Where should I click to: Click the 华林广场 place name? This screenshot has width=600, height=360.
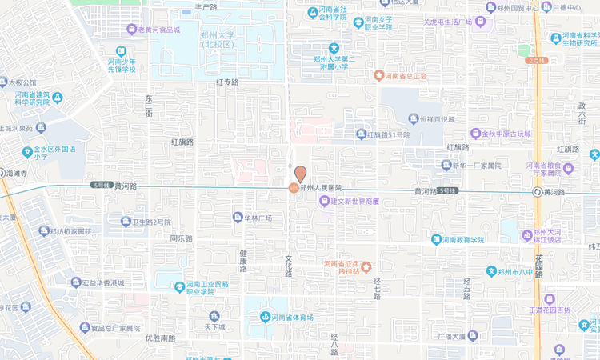pyautogui.click(x=258, y=218)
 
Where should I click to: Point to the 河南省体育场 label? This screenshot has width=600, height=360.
pyautogui.click(x=291, y=318)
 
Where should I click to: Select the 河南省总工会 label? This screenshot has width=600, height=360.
pyautogui.click(x=407, y=76)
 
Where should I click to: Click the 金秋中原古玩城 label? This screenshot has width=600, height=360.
pyautogui.click(x=506, y=133)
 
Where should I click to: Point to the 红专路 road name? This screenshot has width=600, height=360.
pyautogui.click(x=227, y=82)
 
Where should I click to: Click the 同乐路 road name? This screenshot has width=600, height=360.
pyautogui.click(x=182, y=238)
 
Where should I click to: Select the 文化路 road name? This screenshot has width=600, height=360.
pyautogui.click(x=289, y=266)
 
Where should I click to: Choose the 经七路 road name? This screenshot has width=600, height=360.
pyautogui.click(x=377, y=289)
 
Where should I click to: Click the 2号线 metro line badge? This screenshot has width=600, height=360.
pyautogui.click(x=536, y=60)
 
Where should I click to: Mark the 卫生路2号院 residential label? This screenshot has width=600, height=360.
pyautogui.click(x=151, y=222)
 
